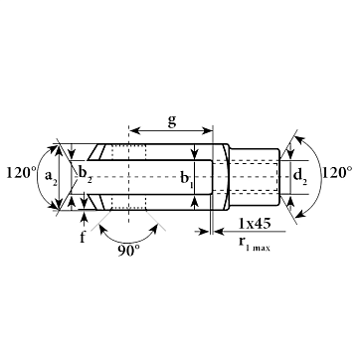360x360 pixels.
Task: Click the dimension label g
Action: point(171,121)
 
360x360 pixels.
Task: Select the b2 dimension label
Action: point(86,175)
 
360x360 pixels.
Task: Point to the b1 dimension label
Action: point(186,179)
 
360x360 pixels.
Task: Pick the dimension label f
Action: point(83,237)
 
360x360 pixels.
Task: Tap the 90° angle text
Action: point(129,252)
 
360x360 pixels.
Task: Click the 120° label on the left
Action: point(21,173)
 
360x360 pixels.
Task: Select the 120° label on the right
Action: point(337,173)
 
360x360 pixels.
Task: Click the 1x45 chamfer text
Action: point(255,224)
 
